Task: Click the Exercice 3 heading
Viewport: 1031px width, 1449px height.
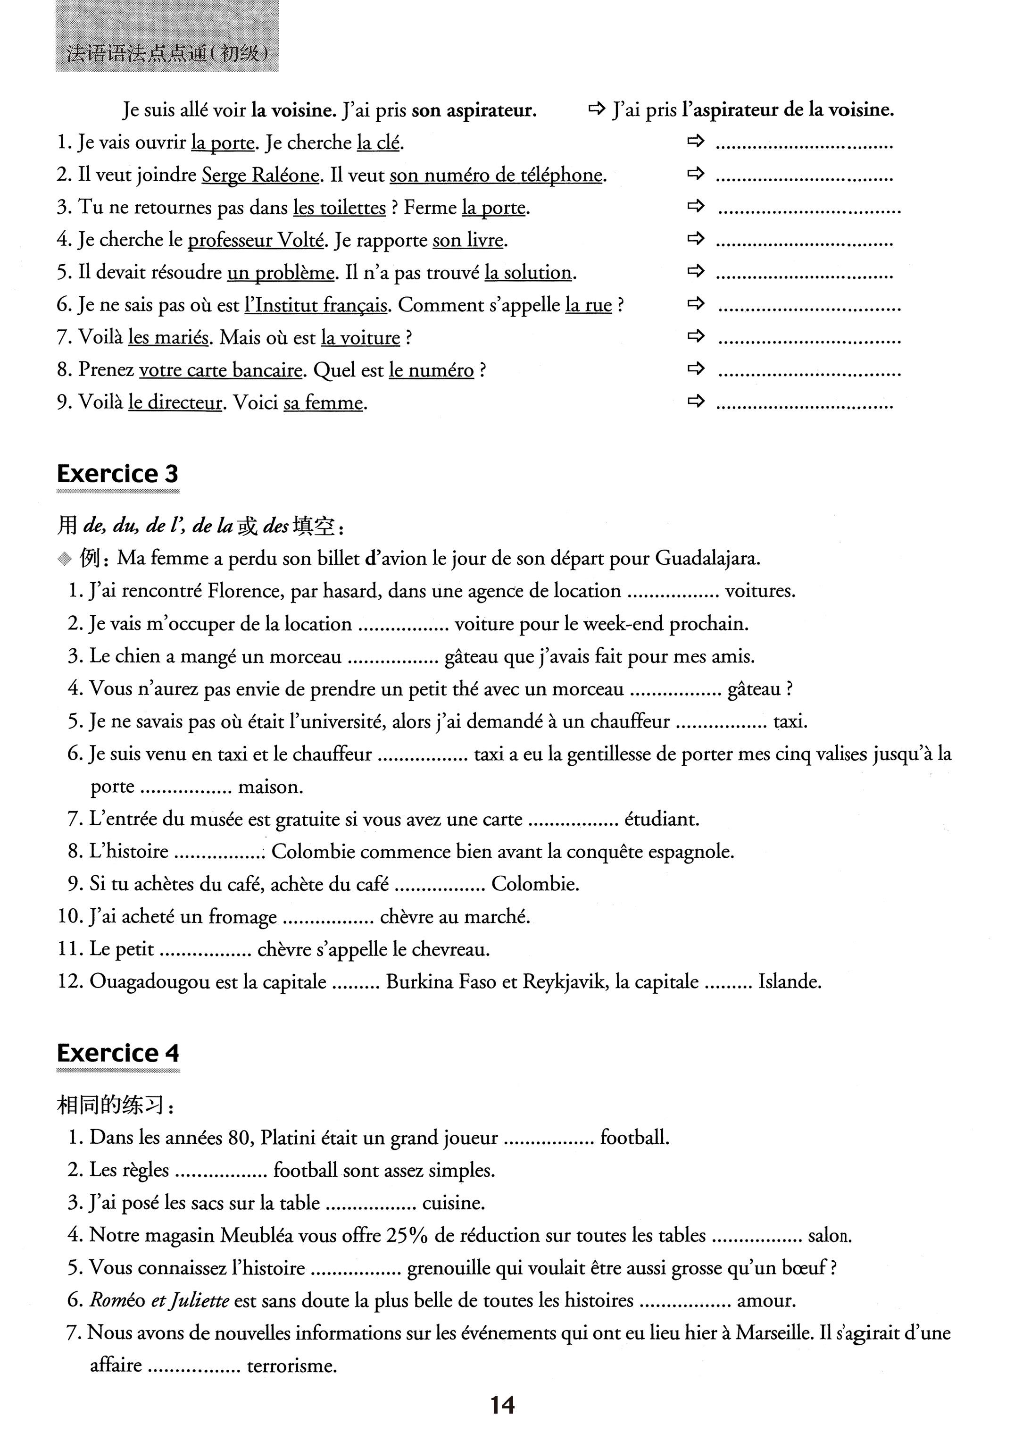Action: (x=117, y=474)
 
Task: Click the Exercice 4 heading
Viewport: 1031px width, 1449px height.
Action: (x=117, y=1053)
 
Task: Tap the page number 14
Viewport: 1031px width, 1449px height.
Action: (x=502, y=1405)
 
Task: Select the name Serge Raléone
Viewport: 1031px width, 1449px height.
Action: (x=260, y=175)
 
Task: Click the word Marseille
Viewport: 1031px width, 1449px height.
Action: (x=774, y=1332)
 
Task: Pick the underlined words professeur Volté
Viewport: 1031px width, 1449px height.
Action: (x=255, y=240)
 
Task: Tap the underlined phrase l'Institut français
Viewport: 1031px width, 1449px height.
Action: (x=316, y=305)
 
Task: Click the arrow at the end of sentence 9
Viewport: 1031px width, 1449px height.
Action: (x=697, y=402)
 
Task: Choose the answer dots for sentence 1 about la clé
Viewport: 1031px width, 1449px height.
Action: (x=804, y=146)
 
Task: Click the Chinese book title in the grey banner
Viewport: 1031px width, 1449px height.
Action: (x=167, y=54)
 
